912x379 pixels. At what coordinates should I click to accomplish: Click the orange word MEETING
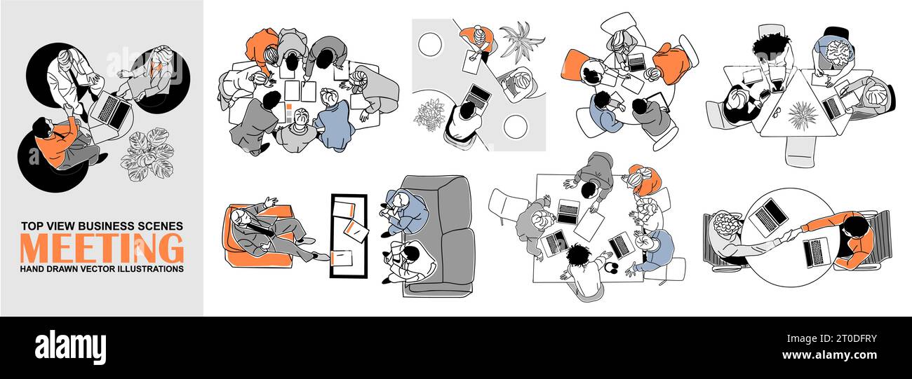tap(102, 248)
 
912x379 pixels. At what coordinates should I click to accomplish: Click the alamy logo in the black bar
tap(70, 347)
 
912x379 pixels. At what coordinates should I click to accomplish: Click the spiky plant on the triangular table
tap(800, 114)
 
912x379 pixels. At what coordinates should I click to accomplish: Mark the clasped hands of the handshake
tap(791, 235)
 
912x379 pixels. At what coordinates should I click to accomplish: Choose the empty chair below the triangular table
tap(799, 151)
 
